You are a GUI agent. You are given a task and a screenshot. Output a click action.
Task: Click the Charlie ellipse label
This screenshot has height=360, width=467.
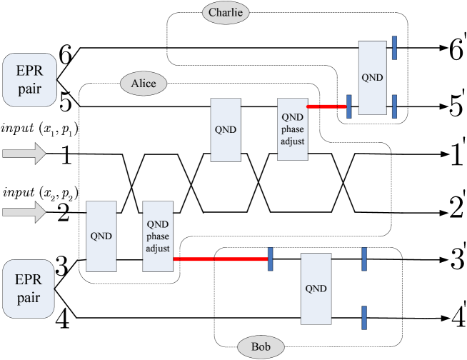226,12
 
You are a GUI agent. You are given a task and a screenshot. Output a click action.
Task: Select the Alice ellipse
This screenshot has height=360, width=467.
143,84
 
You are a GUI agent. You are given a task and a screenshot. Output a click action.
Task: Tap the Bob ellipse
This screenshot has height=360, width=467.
261,348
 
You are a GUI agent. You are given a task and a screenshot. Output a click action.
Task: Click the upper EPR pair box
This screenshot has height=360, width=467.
29,79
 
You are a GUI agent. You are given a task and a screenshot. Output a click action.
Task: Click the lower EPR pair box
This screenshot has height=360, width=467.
29,289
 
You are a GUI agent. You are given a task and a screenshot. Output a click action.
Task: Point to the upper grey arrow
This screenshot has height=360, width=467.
24,154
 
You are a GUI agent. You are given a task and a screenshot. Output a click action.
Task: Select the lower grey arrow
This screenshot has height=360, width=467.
24,212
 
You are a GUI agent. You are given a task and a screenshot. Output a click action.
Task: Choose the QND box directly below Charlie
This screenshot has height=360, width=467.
226,130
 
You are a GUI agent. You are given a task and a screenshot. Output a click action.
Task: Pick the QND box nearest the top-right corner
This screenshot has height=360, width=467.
372,77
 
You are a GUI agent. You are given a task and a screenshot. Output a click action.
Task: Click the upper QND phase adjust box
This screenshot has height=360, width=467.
292,129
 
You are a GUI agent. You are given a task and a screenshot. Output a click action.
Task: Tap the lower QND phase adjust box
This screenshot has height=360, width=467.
158,236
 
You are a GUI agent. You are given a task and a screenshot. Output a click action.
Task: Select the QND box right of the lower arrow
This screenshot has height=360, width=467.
101,236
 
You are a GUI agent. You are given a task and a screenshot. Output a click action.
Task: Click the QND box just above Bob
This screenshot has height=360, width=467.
316,289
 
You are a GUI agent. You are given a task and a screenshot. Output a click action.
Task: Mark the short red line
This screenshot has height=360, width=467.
326,106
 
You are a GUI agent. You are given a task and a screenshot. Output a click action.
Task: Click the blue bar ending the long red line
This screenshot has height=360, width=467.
271,259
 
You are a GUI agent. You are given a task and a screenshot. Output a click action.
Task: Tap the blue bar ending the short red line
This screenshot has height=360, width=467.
348,106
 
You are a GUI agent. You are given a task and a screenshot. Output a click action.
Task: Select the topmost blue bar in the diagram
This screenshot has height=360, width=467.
394,47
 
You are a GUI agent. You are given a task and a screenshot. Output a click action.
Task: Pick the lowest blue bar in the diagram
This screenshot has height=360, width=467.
364,318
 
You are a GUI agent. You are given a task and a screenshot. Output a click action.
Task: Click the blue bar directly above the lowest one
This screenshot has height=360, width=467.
364,259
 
